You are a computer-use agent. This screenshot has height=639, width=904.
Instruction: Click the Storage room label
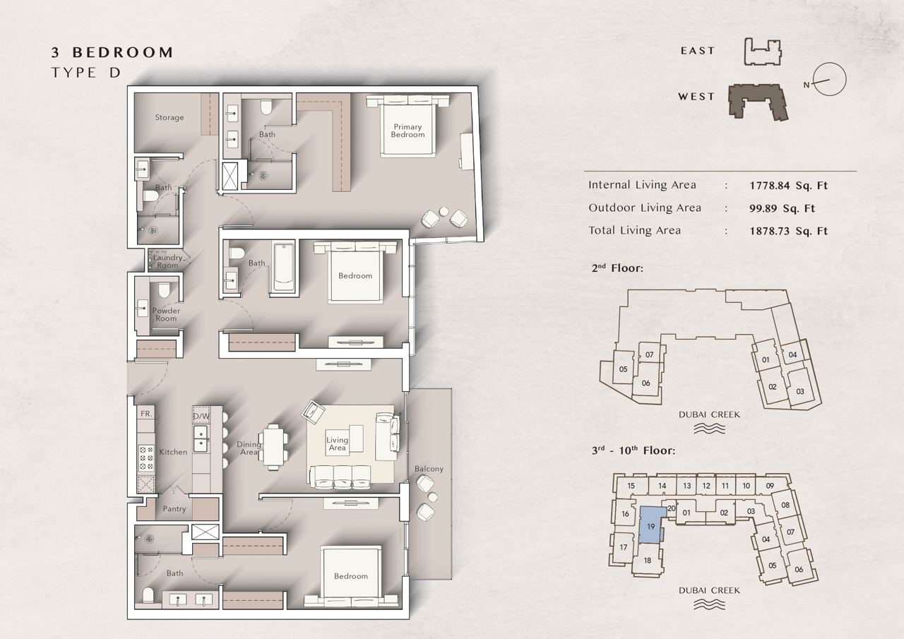[x=169, y=117]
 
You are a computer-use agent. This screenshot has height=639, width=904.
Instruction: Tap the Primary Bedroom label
[x=408, y=131]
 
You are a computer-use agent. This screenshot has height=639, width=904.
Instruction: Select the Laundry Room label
[x=167, y=261]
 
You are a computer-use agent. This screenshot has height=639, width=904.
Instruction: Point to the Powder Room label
[x=166, y=314]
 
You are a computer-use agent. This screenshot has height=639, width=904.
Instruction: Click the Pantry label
[x=174, y=508]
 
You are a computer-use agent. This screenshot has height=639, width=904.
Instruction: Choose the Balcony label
[x=429, y=469]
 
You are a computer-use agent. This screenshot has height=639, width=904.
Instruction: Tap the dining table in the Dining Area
[x=273, y=447]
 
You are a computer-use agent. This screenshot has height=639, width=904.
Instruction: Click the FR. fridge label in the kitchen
[x=146, y=414]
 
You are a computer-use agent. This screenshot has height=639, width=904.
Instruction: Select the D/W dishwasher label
[x=201, y=416]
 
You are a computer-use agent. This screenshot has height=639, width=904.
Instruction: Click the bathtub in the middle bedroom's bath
[x=284, y=266]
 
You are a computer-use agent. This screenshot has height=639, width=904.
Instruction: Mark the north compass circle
[x=829, y=79]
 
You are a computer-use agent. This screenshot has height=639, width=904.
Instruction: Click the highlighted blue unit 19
[x=651, y=525]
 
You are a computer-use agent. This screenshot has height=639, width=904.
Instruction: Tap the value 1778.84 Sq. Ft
[x=789, y=186]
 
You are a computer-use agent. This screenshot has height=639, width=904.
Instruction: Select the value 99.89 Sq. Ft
[x=782, y=208]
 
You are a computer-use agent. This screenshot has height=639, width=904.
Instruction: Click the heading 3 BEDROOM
[x=112, y=52]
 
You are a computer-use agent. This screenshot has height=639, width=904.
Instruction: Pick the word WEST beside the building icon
[x=696, y=97]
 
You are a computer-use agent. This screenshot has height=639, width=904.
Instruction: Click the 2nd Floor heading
[x=617, y=268]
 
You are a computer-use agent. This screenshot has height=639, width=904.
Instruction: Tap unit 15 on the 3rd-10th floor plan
[x=631, y=486]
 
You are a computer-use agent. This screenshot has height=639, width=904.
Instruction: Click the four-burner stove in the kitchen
[x=146, y=458]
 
